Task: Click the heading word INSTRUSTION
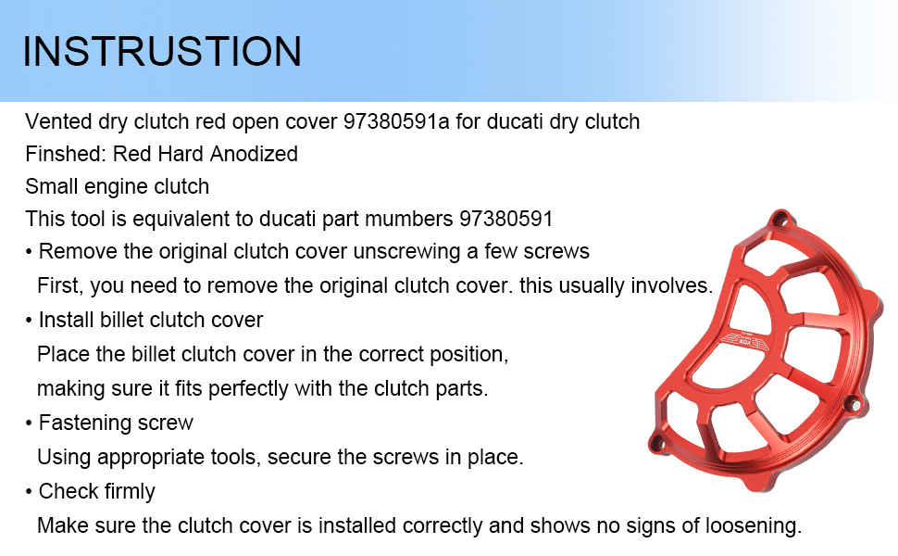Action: [x=162, y=52]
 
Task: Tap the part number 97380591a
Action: [x=396, y=121]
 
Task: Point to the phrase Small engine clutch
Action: [x=117, y=187]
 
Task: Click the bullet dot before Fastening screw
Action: [x=29, y=423]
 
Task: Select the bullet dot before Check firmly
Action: [x=29, y=492]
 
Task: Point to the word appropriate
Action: [x=151, y=458]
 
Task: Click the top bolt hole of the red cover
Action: [x=780, y=220]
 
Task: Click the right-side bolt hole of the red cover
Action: [x=853, y=403]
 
